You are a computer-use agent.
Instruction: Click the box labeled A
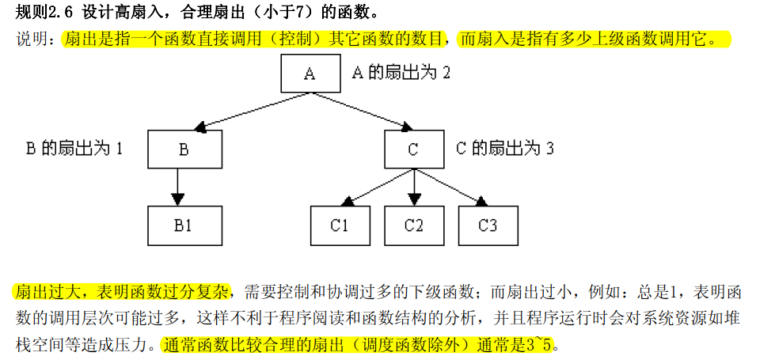(x=310, y=74)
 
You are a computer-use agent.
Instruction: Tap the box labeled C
(x=414, y=149)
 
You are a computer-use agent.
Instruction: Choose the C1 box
(x=340, y=225)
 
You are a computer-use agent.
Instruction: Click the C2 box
(x=414, y=225)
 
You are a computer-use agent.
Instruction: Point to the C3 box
(x=488, y=225)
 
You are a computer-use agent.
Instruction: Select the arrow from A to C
(x=362, y=112)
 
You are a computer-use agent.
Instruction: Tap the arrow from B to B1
(x=177, y=188)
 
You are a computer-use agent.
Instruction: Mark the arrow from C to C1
(x=378, y=188)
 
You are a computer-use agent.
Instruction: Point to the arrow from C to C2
(x=414, y=188)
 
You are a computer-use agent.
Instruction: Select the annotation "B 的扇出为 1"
(x=74, y=148)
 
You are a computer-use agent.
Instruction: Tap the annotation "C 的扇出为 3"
(x=504, y=148)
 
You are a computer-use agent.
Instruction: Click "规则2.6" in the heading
(x=44, y=13)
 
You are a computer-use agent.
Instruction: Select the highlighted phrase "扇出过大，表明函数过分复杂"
(x=120, y=291)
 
